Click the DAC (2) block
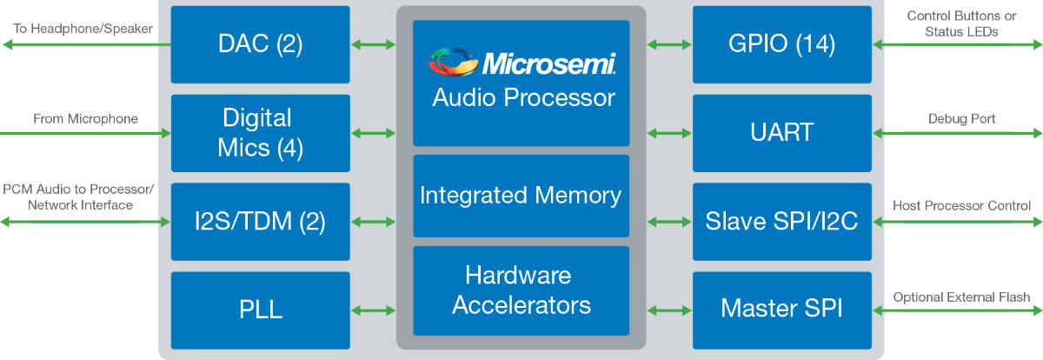260,44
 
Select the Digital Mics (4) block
260,133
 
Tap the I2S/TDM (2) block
260,222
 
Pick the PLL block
260,310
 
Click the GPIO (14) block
782,44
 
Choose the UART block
782,133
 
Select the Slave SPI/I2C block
782,222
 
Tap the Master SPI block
782,310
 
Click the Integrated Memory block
521,196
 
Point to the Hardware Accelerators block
521,290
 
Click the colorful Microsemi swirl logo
453,62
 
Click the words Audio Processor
523,97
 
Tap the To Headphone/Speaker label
83,29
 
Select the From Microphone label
85,119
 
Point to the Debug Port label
961,119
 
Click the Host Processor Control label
961,206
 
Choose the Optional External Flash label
961,297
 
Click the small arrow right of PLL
374,310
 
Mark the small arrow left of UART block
669,134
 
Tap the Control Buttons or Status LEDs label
961,23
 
